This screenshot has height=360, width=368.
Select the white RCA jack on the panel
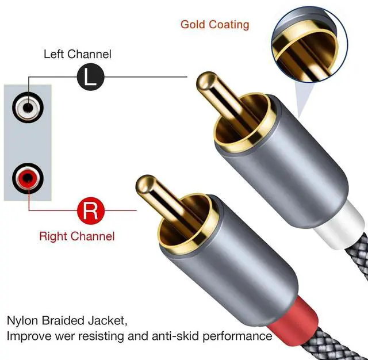(28, 108)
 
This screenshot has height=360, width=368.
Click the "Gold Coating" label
(214, 24)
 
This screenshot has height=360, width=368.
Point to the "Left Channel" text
(78, 55)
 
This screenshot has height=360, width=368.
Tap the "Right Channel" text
(76, 236)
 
